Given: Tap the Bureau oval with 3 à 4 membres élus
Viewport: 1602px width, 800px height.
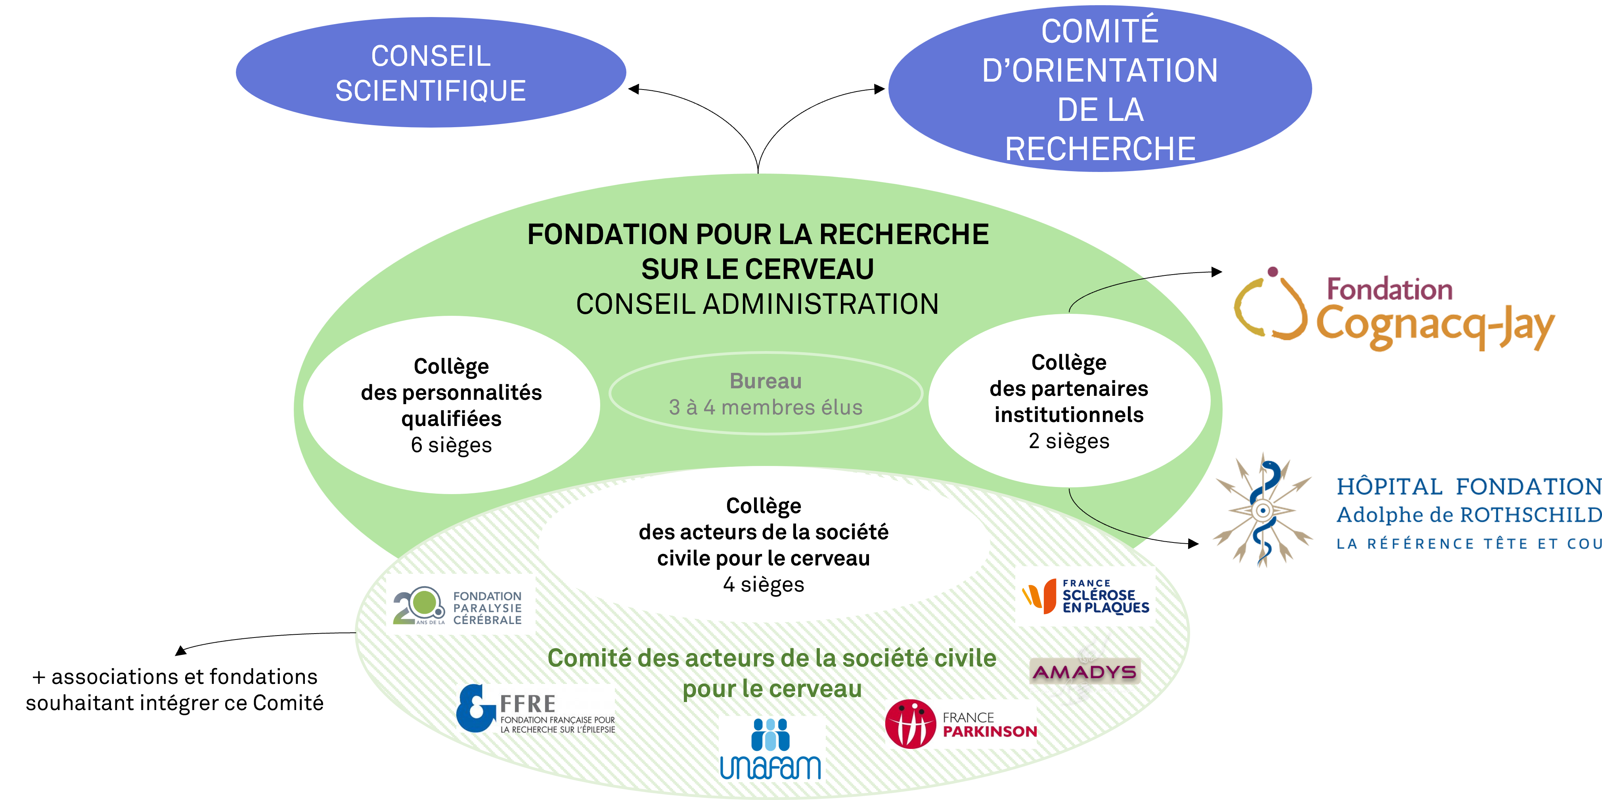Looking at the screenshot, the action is [x=766, y=393].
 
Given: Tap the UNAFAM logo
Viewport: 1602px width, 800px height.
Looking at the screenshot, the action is [x=771, y=748].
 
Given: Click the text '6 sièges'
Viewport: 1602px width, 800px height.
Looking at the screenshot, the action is [x=452, y=445].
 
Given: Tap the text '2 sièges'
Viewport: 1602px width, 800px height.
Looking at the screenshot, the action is [x=1069, y=441].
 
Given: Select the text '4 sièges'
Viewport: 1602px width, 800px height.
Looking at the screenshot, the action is [x=764, y=584].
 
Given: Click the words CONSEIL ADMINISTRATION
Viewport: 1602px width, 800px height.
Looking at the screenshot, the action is [x=758, y=304].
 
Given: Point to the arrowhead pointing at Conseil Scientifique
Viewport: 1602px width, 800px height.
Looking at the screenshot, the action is [x=634, y=90].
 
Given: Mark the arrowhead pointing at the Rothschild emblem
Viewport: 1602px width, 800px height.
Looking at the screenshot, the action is [x=1193, y=544].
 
